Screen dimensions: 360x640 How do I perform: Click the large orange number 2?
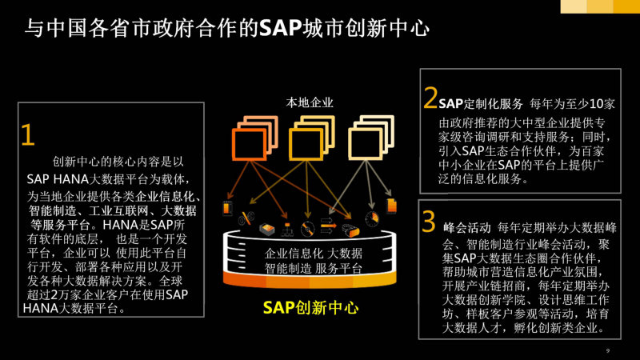[430, 98]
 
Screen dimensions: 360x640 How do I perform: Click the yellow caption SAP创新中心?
[310, 307]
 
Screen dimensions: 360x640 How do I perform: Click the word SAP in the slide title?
[282, 28]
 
